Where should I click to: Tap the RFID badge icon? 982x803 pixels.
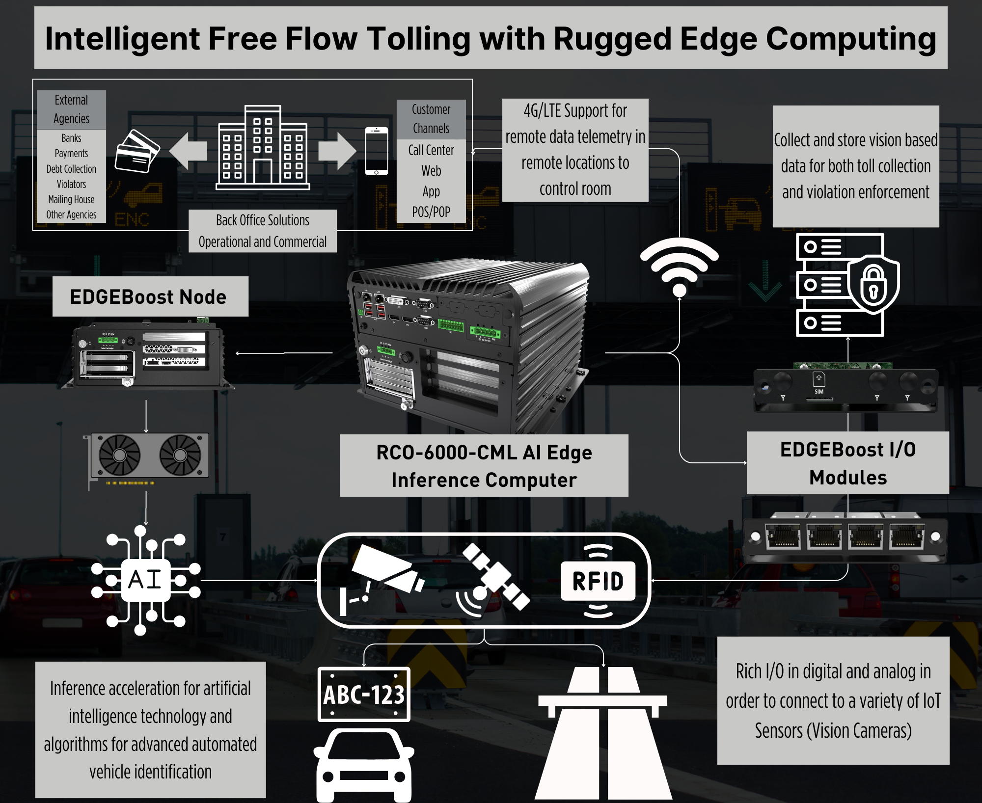point(598,581)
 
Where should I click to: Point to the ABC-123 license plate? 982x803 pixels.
point(364,694)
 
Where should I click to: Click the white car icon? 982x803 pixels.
point(364,765)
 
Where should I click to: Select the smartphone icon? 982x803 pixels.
point(377,151)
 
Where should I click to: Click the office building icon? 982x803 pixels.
point(263,147)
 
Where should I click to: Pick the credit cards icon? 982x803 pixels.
point(137,151)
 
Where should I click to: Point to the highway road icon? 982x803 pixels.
point(603,733)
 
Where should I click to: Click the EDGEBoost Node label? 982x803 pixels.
point(148,297)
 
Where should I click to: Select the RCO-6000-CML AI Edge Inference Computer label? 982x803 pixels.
point(484,466)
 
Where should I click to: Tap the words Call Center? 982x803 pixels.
point(431,150)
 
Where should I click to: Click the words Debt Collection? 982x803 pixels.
point(71,169)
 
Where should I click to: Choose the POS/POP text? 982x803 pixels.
point(431,212)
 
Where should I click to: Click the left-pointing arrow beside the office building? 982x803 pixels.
point(188,151)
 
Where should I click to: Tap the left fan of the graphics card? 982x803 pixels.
point(120,455)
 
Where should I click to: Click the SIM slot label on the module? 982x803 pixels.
point(819,392)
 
